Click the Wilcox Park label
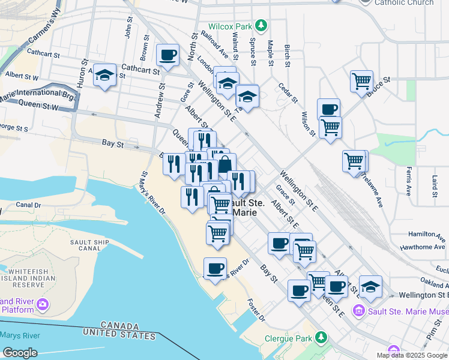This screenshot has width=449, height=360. tap(231, 26)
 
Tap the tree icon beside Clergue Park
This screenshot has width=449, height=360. tap(322, 338)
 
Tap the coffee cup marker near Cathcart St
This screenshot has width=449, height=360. tap(167, 55)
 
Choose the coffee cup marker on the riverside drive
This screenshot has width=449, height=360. tap(215, 268)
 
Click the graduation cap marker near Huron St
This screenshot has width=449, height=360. tap(105, 75)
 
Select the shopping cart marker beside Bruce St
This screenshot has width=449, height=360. tap(362, 80)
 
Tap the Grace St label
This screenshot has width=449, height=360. tap(285, 194)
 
